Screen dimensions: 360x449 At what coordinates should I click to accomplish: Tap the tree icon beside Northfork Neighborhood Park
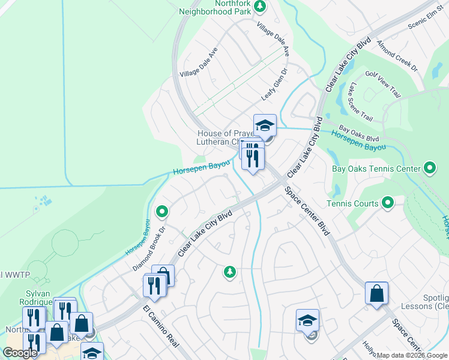point(260,7)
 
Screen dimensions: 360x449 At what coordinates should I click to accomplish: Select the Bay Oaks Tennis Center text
point(376,169)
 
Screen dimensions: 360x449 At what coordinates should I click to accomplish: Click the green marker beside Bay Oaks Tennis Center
point(429,168)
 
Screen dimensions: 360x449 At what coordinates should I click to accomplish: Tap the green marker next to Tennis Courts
point(387,203)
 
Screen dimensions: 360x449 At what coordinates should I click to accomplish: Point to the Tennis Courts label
point(352,203)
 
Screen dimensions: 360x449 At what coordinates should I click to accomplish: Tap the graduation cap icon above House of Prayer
point(265,125)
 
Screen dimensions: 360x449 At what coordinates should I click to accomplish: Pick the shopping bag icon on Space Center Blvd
point(376,293)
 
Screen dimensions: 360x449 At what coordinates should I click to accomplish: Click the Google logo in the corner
point(20,353)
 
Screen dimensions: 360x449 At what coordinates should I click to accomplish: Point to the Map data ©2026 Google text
point(412,355)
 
